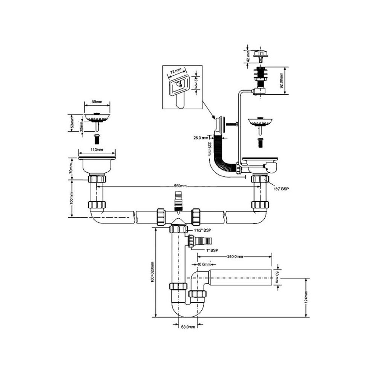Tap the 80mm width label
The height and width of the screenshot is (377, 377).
tap(97, 102)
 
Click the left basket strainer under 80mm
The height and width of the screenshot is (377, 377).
tap(97, 116)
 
